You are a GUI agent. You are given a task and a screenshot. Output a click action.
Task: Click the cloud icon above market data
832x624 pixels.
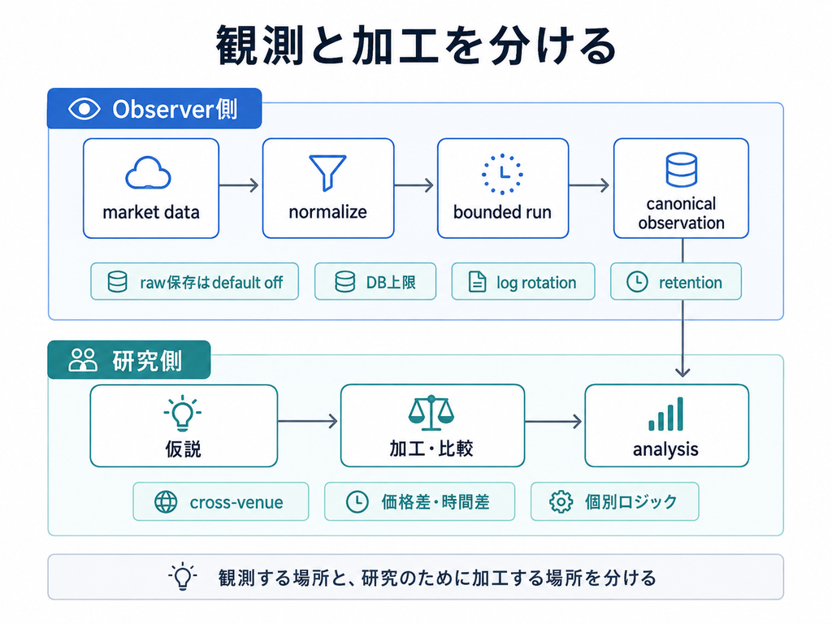tap(148, 173)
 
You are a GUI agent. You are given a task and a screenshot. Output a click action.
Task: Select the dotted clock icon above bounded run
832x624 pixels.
tap(502, 174)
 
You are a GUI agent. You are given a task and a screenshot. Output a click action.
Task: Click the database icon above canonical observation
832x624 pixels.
tap(682, 170)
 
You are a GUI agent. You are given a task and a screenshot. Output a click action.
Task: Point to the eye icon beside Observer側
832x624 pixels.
tap(84, 110)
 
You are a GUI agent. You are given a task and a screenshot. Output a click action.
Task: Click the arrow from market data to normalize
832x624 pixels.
tap(239, 185)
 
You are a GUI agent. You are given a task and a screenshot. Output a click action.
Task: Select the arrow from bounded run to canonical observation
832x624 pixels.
tap(589, 185)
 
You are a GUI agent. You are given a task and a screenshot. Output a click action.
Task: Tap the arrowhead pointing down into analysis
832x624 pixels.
tap(682, 372)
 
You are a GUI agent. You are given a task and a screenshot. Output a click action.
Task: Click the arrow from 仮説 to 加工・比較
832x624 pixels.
tap(308, 422)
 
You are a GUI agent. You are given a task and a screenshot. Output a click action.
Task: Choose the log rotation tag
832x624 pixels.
tap(523, 282)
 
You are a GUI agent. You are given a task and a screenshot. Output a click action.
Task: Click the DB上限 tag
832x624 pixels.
tap(375, 282)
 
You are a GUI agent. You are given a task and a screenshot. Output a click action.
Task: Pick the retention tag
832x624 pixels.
tap(675, 282)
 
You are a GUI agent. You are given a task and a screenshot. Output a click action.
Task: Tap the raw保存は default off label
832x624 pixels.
tap(211, 282)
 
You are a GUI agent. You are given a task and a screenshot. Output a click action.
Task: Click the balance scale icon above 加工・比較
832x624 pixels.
tap(431, 412)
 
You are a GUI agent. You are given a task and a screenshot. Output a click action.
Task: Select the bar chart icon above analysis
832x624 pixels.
tap(666, 414)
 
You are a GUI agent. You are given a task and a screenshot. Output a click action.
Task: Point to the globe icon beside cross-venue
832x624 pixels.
tap(166, 501)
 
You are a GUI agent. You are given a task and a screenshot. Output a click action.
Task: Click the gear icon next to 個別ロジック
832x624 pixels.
tap(561, 501)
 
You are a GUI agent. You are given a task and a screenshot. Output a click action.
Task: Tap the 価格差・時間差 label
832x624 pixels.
tap(435, 501)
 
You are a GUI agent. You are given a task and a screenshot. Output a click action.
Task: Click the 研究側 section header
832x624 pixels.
tap(129, 360)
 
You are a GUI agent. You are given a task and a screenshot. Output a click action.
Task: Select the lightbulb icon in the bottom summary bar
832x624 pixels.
tap(183, 576)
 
